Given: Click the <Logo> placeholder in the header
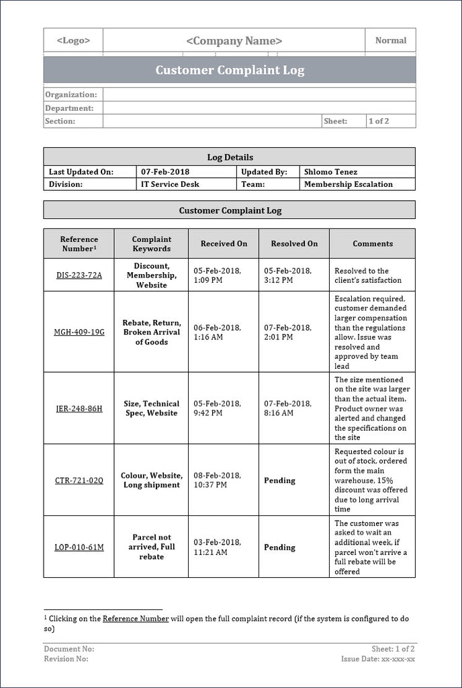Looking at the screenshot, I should [73, 40].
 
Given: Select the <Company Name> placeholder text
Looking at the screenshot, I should [234, 41].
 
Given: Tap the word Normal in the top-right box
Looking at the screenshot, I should [390, 40].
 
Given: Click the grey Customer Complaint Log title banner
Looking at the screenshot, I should [230, 70].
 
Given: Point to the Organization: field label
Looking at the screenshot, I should [71, 95].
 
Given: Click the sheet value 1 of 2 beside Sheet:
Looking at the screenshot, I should [378, 121].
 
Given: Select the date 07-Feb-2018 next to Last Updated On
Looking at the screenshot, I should [165, 172].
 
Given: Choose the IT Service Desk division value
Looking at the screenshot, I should [170, 184].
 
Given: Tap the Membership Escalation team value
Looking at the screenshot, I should [348, 184].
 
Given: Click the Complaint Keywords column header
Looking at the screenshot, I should [151, 244].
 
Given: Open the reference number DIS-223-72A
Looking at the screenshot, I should [79, 275].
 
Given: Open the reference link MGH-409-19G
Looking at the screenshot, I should [79, 332].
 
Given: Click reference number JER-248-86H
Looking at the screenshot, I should [79, 408].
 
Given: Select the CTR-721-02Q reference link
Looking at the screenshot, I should [79, 480].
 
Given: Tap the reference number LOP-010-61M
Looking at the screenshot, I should [79, 548].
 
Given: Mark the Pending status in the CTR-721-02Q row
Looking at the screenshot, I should [279, 480].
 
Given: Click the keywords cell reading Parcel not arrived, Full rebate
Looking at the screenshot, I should [151, 547].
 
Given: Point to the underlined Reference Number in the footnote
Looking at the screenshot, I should [136, 619].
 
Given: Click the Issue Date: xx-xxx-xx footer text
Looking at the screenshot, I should [377, 659].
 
